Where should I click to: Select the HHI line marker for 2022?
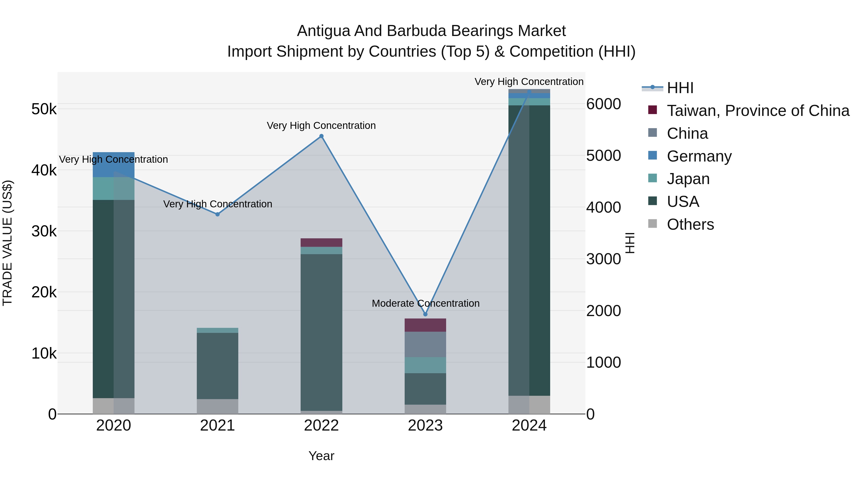tap(321, 136)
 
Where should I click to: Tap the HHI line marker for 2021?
tap(217, 214)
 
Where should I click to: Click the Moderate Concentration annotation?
tap(426, 303)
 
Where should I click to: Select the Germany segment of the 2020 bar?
tap(114, 165)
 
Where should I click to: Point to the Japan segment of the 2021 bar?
tap(217, 330)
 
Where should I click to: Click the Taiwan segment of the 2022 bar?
tap(321, 242)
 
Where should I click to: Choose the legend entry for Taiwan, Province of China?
tap(758, 111)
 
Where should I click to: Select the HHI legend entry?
tap(680, 88)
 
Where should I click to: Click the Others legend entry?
tap(690, 224)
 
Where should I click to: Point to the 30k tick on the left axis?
tap(44, 231)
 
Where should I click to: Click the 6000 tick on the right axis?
tap(603, 104)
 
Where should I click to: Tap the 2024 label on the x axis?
tap(529, 426)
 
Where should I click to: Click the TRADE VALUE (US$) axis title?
tap(7, 243)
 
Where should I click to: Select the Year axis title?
tap(321, 456)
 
